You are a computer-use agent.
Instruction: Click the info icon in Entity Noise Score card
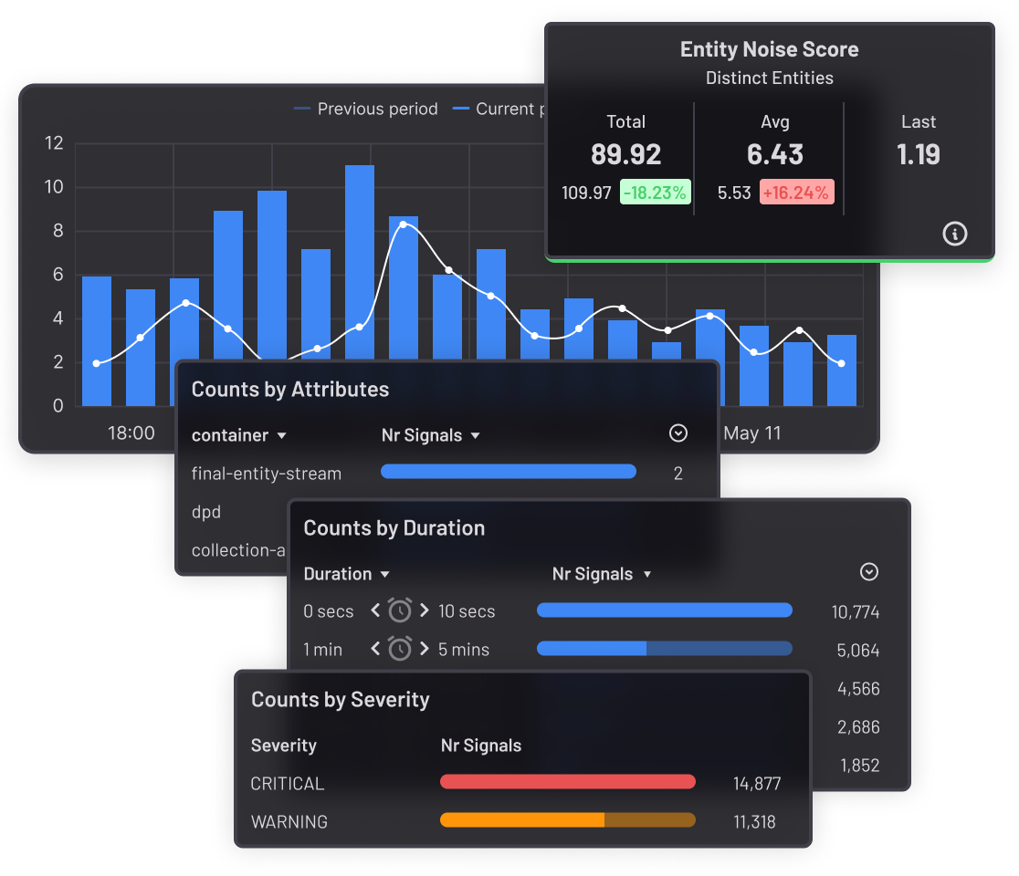[954, 235]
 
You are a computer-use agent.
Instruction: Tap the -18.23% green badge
[655, 193]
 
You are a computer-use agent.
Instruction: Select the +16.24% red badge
[796, 193]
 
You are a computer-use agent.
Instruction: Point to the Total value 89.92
[625, 154]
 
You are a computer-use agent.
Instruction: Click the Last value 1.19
[918, 154]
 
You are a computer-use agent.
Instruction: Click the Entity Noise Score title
[769, 49]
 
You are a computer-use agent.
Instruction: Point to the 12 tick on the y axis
[54, 143]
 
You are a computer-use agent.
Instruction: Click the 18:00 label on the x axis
[131, 433]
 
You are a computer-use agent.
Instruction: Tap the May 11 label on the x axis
[752, 433]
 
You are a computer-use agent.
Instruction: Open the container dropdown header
[239, 435]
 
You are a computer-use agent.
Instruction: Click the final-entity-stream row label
[267, 474]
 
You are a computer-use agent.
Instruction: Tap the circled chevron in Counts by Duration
[869, 572]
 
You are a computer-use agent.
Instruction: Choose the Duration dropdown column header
[346, 574]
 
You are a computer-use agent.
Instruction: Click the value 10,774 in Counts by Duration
[856, 612]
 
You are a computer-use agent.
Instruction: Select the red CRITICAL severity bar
[567, 782]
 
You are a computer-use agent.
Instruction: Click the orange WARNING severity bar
[567, 820]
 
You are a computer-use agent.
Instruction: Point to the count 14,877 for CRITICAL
[757, 783]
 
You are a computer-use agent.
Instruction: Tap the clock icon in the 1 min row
[400, 649]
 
